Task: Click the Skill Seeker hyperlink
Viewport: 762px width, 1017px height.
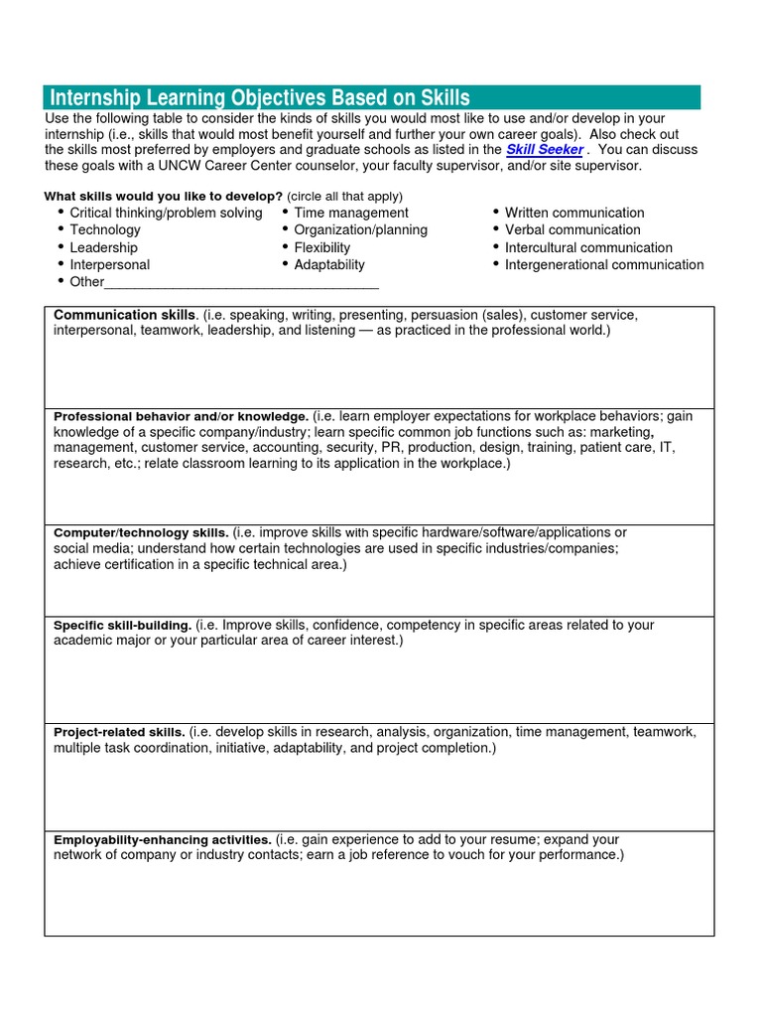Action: click(x=544, y=150)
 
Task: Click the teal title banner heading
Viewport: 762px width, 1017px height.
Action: click(x=260, y=97)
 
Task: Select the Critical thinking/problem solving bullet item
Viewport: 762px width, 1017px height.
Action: click(x=166, y=213)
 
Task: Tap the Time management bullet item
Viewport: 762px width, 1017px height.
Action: click(x=350, y=213)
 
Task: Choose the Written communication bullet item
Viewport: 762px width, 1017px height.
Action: click(x=573, y=213)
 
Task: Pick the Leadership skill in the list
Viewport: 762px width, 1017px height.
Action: click(x=103, y=247)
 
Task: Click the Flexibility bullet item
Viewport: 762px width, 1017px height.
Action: click(x=321, y=247)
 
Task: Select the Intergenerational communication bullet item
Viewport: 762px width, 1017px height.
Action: click(x=603, y=265)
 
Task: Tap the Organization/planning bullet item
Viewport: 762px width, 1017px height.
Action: click(x=360, y=229)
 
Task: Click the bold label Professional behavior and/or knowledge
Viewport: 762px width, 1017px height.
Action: click(x=181, y=417)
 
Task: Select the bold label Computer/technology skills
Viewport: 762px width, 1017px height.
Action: click(x=141, y=533)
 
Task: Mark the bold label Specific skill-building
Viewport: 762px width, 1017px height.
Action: click(x=122, y=626)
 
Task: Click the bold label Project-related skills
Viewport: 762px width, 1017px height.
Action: click(x=119, y=733)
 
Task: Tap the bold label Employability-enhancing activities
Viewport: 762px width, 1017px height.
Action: click(x=162, y=840)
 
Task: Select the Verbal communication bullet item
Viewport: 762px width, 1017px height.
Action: click(x=572, y=229)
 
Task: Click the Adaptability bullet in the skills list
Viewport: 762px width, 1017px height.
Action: click(x=328, y=265)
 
